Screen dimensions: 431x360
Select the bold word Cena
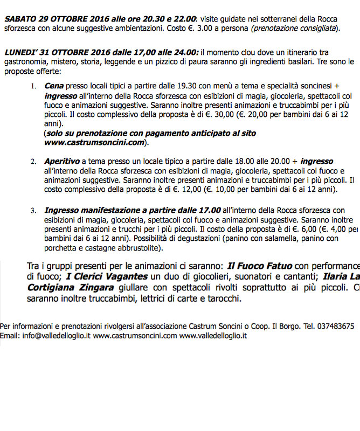point(54,86)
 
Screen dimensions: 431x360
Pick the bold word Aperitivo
point(62,162)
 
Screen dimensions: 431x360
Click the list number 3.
point(33,211)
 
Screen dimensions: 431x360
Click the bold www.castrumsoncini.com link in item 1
point(94,143)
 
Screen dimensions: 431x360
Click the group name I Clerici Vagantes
point(107,277)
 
